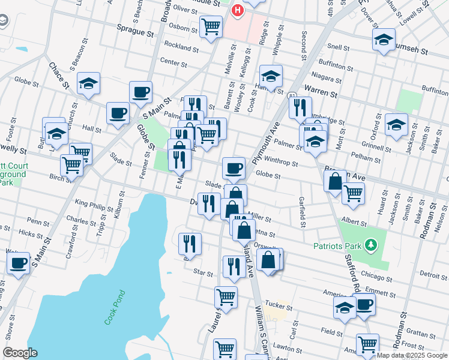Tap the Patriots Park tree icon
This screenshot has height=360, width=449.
pos(372,244)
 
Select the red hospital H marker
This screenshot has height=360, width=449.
pos(238,10)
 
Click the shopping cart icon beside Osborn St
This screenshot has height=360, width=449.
pos(211,26)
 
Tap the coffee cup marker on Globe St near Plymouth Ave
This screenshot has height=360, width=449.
pos(233,167)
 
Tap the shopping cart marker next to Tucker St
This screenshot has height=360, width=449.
pos(226,296)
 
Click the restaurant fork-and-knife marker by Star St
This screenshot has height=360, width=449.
pos(233,265)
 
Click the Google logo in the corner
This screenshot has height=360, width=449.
pos(20,353)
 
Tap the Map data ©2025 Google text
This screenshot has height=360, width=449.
pos(412,355)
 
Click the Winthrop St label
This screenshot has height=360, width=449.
pos(281,161)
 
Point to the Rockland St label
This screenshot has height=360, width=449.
pos(177,46)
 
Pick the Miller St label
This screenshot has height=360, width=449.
pos(261,220)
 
